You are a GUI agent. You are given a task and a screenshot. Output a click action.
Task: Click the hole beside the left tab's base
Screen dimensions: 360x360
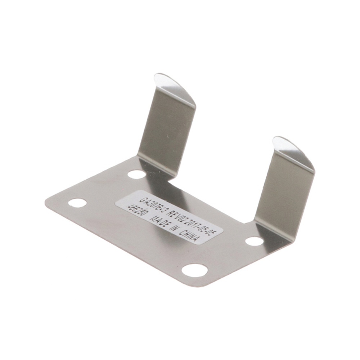coord(136,175)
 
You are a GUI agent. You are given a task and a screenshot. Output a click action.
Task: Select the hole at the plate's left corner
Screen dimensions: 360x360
coord(77,203)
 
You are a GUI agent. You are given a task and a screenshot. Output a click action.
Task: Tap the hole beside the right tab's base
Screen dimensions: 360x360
coord(254,241)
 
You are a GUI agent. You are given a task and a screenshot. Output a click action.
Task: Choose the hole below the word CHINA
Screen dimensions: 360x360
coord(194,270)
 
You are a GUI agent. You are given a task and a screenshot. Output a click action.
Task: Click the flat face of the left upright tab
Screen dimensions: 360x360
coord(166,130)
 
